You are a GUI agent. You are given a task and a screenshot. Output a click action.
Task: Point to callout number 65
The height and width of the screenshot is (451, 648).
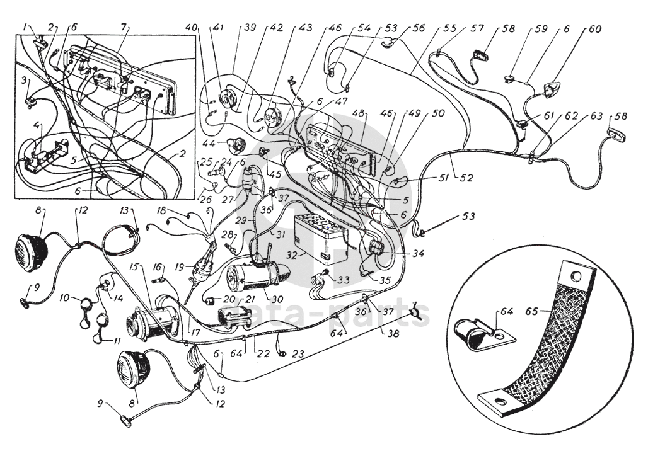coord(533,311)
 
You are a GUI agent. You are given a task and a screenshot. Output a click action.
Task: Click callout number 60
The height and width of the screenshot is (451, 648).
coord(595,30)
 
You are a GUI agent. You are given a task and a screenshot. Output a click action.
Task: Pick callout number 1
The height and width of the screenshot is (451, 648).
coord(25,27)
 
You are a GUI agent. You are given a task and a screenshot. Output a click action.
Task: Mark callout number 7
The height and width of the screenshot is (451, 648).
coord(124,27)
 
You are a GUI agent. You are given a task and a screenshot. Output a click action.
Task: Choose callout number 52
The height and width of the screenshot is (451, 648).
coord(466,178)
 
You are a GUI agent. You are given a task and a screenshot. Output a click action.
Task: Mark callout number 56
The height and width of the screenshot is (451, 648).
coord(418,28)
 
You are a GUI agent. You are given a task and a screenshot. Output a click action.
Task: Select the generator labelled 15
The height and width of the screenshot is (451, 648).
coord(151,313)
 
